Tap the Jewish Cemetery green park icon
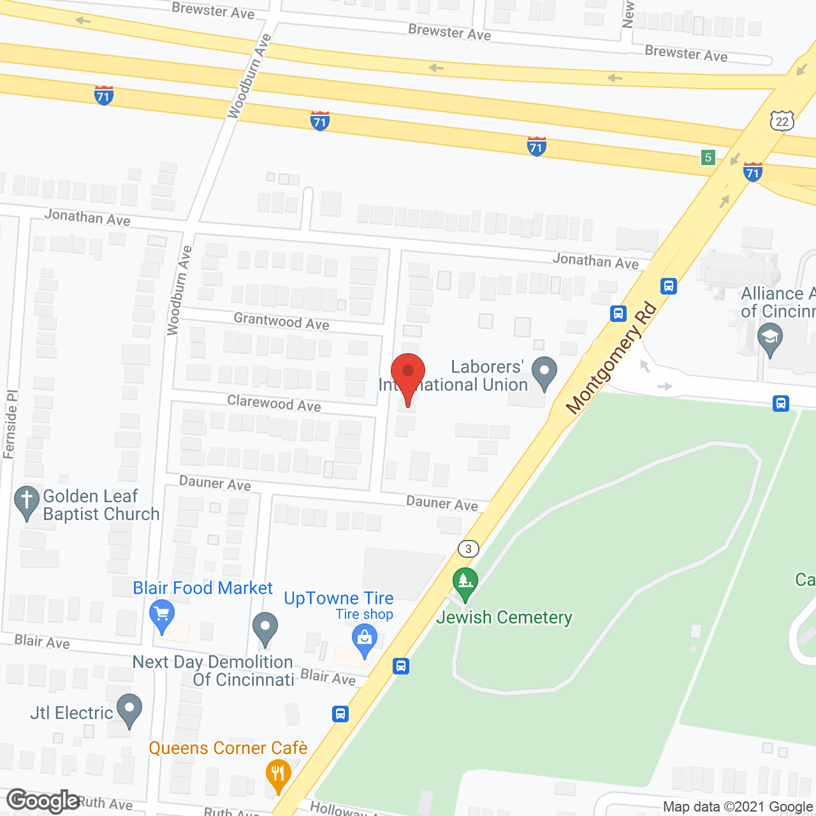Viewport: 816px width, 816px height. (465, 583)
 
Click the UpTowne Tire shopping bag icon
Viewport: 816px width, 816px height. (365, 640)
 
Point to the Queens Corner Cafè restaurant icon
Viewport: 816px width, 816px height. (278, 775)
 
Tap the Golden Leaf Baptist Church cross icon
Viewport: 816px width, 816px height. (26, 502)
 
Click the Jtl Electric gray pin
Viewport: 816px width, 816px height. (130, 710)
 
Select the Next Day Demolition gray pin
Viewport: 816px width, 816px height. (265, 628)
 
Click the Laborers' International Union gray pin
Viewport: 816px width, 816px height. (544, 373)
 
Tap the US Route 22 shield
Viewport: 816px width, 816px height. (782, 120)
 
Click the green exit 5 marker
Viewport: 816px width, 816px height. (708, 157)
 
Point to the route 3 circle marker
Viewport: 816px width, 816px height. (469, 548)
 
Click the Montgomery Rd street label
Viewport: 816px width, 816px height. (611, 359)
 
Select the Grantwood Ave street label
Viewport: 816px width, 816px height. (281, 321)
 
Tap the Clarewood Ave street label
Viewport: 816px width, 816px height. (274, 404)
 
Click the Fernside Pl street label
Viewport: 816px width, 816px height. (10, 425)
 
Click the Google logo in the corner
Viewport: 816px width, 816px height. (43, 801)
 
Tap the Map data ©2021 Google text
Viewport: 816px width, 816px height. (738, 807)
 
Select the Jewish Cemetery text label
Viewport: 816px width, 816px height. (504, 617)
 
